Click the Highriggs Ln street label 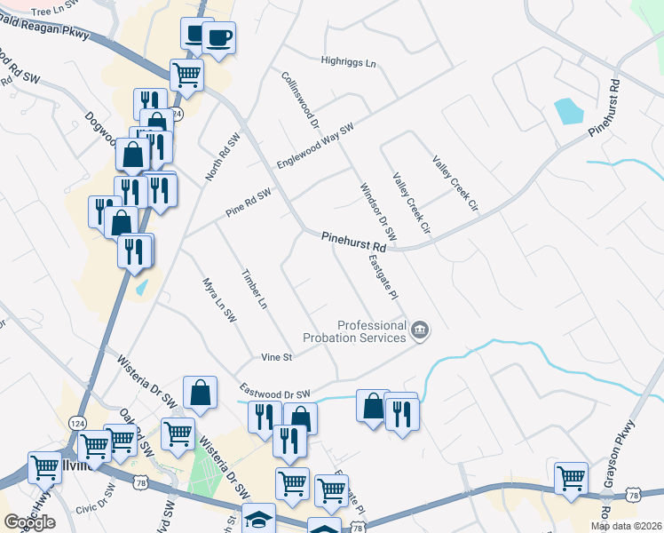pos(348,63)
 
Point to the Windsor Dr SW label pos(377,211)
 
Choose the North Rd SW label pos(224,158)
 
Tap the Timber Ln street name pos(254,289)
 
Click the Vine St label pos(277,357)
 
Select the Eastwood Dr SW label pos(274,392)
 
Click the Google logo pos(29,522)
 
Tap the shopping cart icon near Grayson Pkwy pos(572,478)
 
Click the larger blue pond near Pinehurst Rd pos(568,111)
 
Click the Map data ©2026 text pos(626,526)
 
